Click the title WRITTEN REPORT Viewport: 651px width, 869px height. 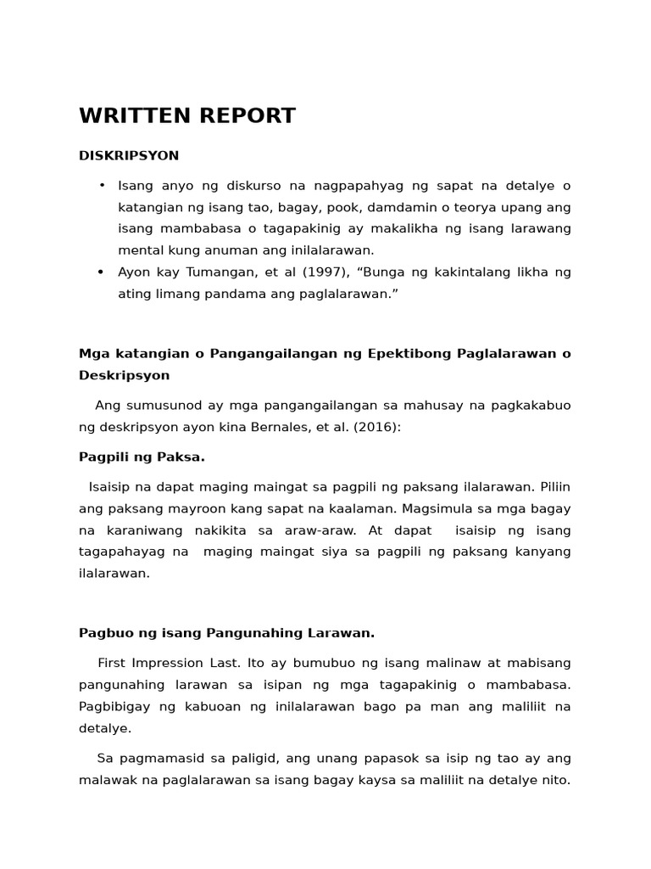coord(187,116)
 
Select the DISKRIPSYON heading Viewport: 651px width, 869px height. coord(129,156)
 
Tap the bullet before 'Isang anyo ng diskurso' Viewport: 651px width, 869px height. coord(102,185)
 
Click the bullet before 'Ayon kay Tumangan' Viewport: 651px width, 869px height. coord(102,272)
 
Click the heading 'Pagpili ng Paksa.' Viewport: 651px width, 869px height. coord(142,457)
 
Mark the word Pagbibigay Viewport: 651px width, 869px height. coord(114,706)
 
